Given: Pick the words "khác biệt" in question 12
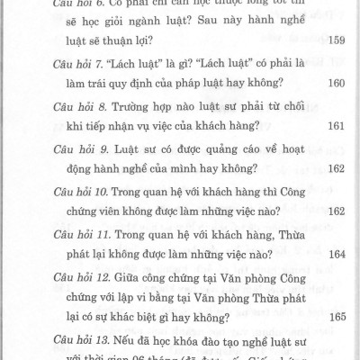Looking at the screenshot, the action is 164,317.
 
